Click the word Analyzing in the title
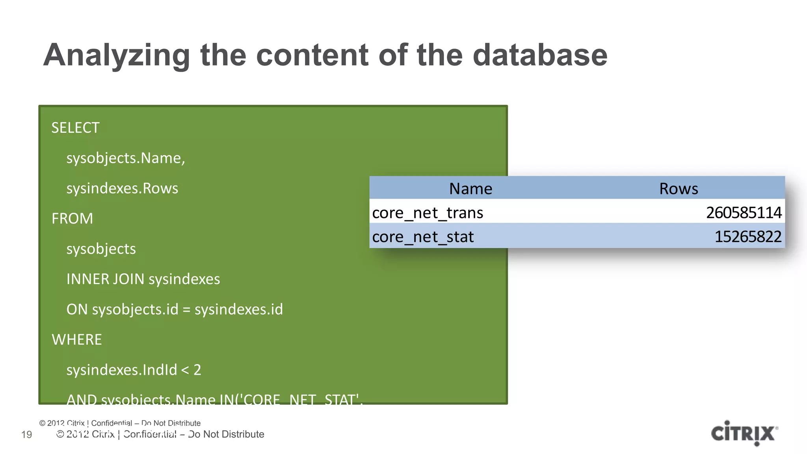point(117,55)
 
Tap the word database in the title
point(539,55)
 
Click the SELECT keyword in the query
point(75,128)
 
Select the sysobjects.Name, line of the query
point(125,158)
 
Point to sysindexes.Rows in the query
point(122,188)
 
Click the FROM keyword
point(72,219)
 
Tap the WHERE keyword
point(77,340)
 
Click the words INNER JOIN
point(105,279)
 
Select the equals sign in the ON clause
point(186,310)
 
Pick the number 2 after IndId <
point(197,370)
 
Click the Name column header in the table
point(470,189)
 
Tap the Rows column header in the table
point(679,189)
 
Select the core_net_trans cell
point(428,213)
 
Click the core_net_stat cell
point(423,237)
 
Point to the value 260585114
point(744,213)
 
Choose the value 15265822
point(748,237)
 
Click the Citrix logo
point(744,434)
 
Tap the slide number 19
point(26,435)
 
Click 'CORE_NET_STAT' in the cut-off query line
point(300,399)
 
